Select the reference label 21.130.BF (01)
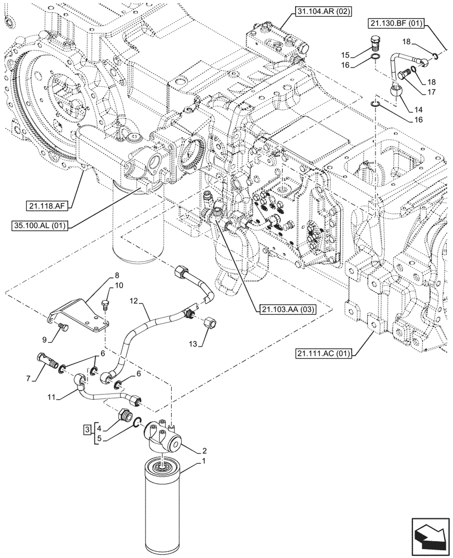tap(396, 23)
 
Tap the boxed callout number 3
tap(87, 429)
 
